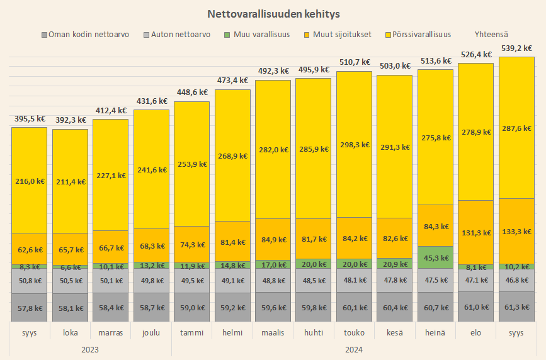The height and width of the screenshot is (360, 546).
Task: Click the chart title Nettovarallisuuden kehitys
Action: [273, 13]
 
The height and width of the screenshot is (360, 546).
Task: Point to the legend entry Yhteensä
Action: [492, 34]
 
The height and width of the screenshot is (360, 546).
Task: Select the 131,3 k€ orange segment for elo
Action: [475, 232]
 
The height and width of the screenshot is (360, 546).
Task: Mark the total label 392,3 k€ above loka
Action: [70, 120]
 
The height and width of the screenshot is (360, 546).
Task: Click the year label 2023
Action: [90, 348]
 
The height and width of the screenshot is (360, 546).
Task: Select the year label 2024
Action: [353, 348]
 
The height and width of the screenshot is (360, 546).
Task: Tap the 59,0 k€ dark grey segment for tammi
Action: [191, 308]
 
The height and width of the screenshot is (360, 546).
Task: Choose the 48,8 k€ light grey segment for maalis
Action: [273, 280]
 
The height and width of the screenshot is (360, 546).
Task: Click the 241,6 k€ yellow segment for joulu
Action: [151, 169]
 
